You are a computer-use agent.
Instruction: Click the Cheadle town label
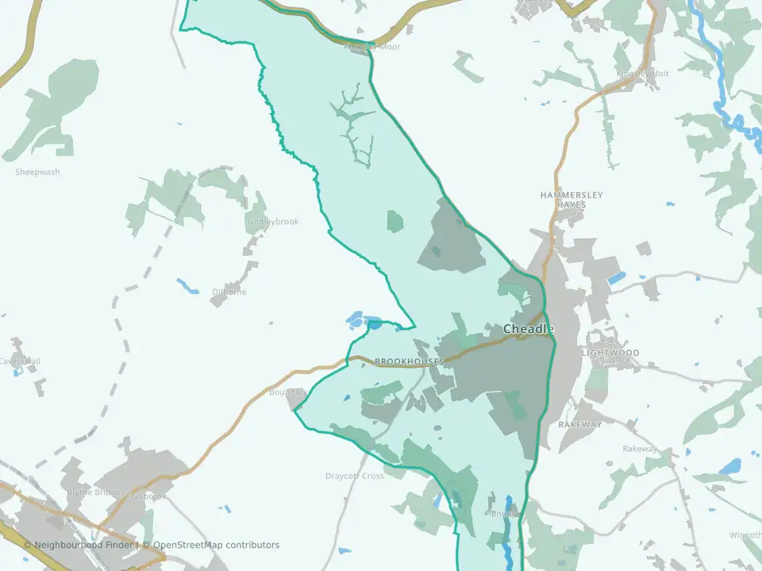528,329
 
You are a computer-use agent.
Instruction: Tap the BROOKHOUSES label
409,362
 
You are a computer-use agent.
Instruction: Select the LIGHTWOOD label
610,353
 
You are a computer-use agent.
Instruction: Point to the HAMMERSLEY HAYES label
571,199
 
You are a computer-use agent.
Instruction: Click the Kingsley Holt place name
643,74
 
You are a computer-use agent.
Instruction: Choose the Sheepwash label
37,172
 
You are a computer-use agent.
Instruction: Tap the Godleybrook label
273,222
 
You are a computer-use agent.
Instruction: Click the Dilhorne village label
229,292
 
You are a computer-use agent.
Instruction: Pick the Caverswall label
19,362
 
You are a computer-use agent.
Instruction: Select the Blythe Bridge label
94,492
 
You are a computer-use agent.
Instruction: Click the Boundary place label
287,393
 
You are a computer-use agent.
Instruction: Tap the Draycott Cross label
354,477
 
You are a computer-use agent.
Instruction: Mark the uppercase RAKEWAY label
580,425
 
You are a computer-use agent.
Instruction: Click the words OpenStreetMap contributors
217,545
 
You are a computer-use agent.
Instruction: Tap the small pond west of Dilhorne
188,285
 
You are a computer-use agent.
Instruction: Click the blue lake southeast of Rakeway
731,466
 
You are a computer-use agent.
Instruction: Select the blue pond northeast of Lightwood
617,278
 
